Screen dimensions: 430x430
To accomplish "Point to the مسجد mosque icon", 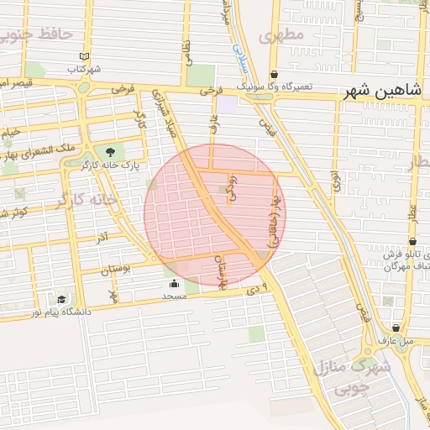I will tap(174, 283).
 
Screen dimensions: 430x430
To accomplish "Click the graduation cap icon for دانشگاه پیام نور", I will tap(61, 299).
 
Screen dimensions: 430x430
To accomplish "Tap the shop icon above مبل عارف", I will tap(396, 328).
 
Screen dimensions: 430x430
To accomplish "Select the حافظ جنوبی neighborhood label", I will tap(36, 35).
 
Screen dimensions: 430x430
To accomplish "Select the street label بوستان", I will tap(117, 270).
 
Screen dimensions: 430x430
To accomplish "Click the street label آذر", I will tap(102, 239).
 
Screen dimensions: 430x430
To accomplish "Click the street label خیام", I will tap(9, 133).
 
